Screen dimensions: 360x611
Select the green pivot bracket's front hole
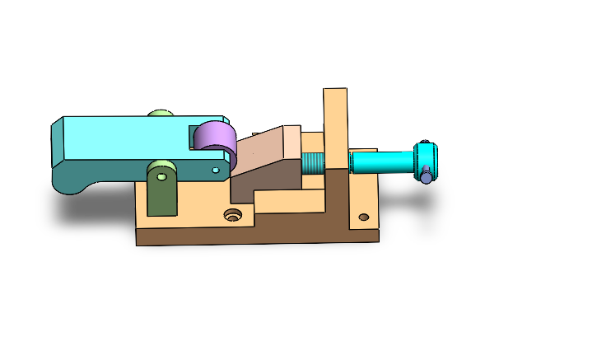(x=162, y=175)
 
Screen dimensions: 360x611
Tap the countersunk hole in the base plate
(x=233, y=216)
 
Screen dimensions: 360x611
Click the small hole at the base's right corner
(x=363, y=218)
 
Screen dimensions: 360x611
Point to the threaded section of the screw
(x=314, y=161)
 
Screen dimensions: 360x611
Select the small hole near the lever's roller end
(x=216, y=170)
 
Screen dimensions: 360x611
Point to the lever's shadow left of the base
(x=91, y=210)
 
